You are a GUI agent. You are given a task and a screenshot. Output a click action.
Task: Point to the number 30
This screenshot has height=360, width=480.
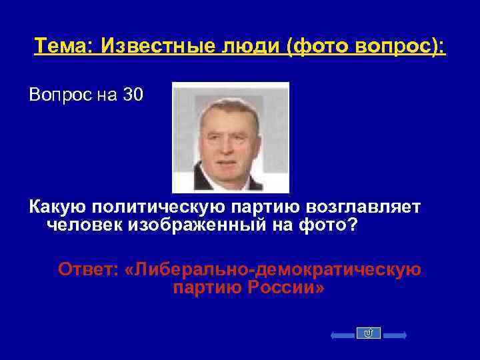pyautogui.click(x=133, y=95)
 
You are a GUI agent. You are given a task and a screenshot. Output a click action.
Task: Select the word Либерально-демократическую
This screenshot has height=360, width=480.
pyautogui.click(x=275, y=270)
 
